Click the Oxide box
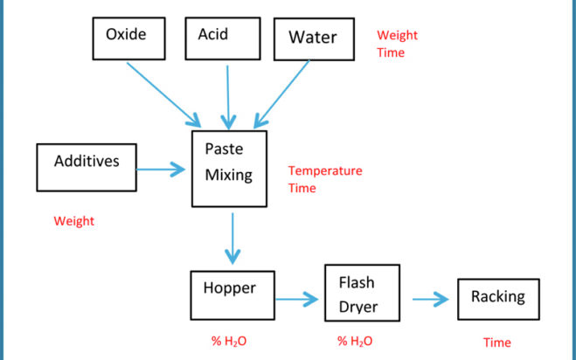coord(129,38)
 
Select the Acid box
coord(223,38)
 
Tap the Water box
coord(314,39)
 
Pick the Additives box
coord(87,168)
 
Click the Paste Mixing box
coord(229,169)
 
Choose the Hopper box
coord(232,295)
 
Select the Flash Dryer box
coord(362,293)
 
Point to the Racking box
coord(498,300)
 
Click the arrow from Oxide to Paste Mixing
coord(163,94)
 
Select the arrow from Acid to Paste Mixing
coord(228,97)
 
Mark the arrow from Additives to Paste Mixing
coord(161,170)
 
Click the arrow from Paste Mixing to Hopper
coord(232,239)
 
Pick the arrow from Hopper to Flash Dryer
coord(297,299)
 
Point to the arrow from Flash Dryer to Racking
coord(431,300)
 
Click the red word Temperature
coord(325,170)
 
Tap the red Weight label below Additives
coord(73,221)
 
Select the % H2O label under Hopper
coord(229,342)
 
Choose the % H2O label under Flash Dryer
coord(355,342)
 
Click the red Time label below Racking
coord(497,343)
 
